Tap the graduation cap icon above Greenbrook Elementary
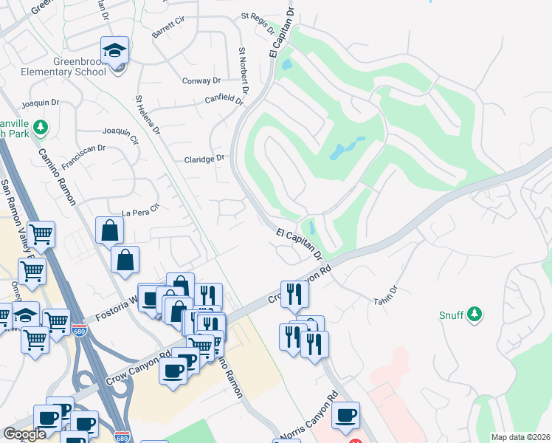[114, 50]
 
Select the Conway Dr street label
[201, 81]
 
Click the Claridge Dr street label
[204, 159]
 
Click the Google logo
[24, 434]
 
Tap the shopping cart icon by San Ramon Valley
[41, 235]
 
